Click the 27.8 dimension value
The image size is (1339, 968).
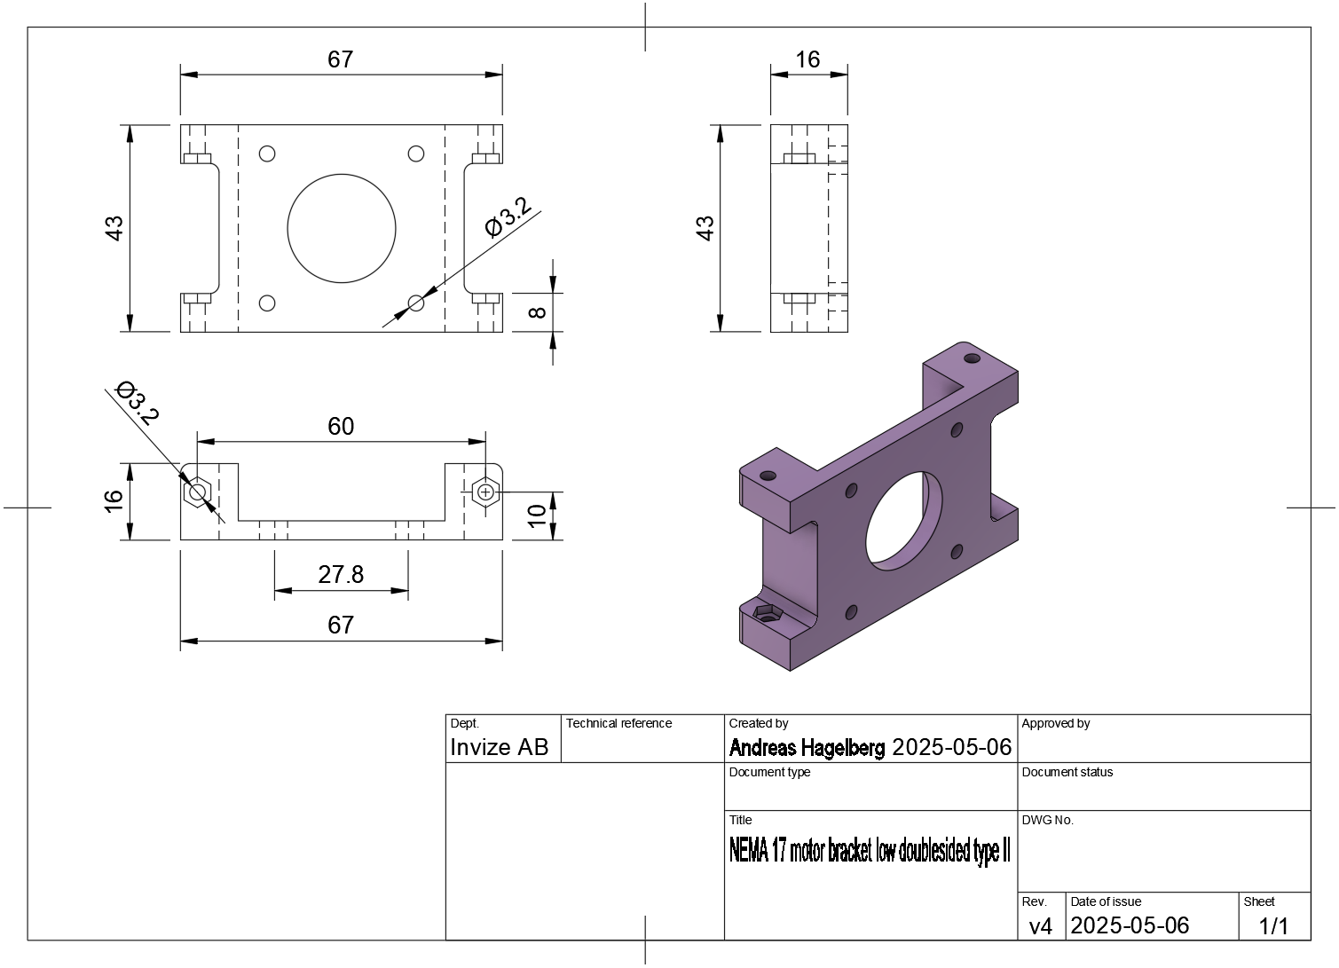341,574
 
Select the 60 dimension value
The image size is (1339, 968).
341,426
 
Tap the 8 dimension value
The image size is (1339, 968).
538,312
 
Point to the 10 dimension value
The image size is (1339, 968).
537,515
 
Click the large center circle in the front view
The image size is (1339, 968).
342,175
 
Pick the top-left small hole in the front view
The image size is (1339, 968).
267,153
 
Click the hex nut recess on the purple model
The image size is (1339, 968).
768,613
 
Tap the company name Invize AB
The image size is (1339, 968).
500,747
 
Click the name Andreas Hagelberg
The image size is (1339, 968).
807,747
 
